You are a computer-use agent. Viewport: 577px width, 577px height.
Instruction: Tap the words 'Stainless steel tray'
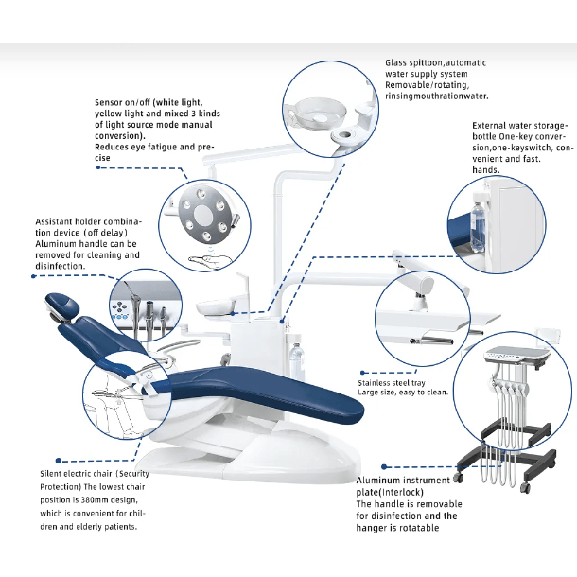point(392,383)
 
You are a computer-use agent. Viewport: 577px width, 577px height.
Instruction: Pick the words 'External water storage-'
point(519,124)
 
